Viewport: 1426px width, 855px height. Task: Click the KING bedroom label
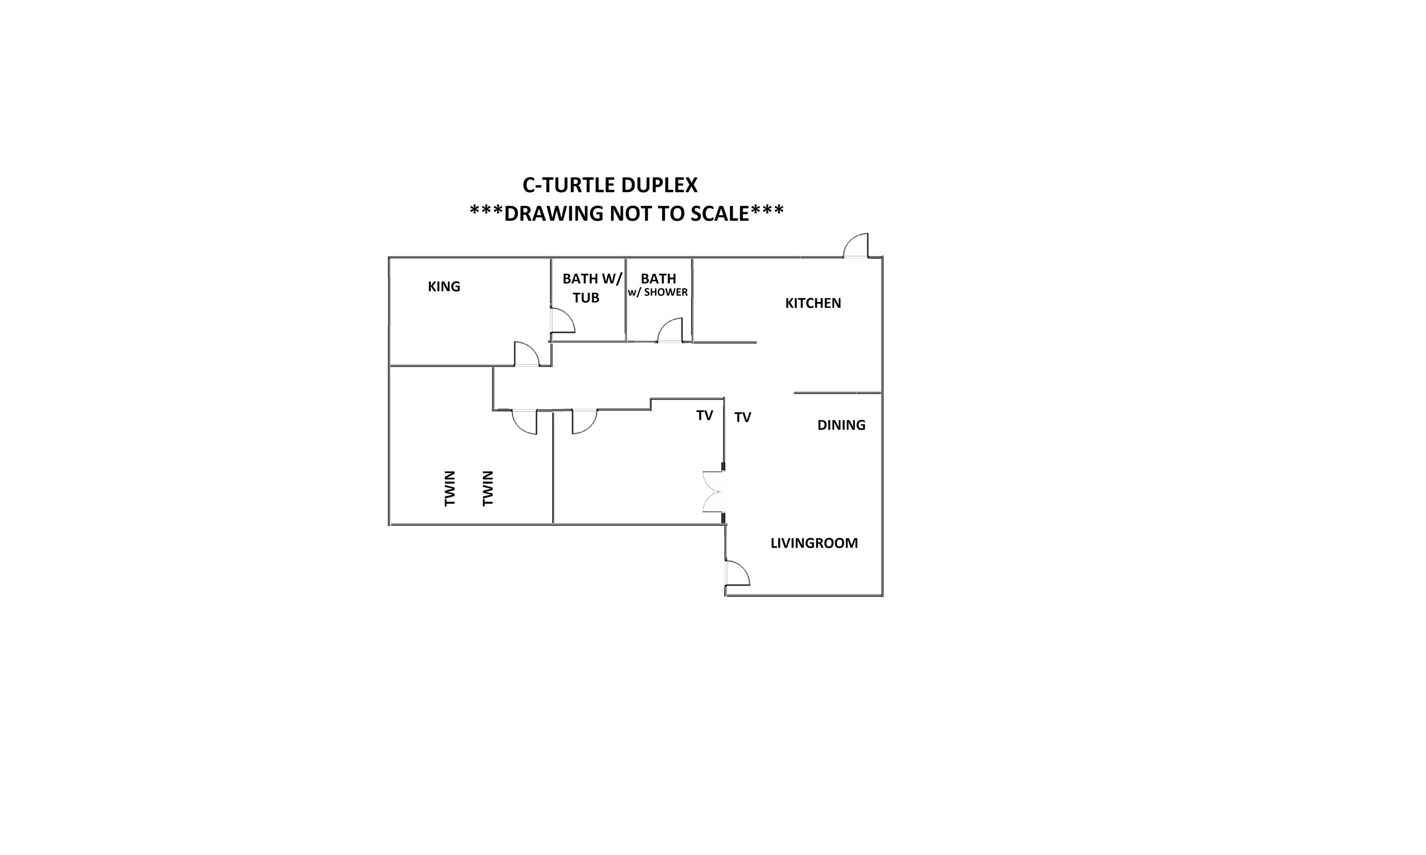[x=444, y=286]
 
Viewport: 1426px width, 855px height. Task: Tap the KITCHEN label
[x=813, y=303]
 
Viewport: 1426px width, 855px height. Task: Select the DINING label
[x=841, y=425]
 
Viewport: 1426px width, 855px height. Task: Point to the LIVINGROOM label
[x=814, y=543]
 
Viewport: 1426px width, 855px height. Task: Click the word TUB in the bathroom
[x=586, y=298]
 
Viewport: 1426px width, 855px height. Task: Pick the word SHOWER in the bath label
[x=666, y=292]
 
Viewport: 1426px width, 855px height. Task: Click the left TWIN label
[x=450, y=489]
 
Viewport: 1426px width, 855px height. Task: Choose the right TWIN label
[x=488, y=489]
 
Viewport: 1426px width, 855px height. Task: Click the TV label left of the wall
[x=704, y=415]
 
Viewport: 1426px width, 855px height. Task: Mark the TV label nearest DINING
[x=742, y=417]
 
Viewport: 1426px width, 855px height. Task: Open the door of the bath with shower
[x=670, y=330]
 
